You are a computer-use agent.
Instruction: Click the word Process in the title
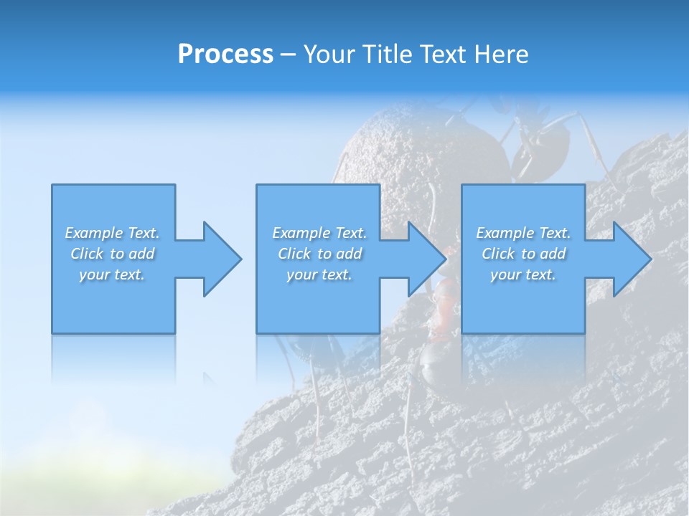pos(225,54)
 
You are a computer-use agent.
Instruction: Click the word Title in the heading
pos(388,54)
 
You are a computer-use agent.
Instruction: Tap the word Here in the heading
pos(501,54)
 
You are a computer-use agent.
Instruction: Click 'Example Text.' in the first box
pos(112,233)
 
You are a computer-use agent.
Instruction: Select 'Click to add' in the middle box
pos(319,254)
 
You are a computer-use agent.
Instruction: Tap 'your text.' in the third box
pos(523,274)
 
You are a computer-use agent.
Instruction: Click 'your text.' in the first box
pos(112,274)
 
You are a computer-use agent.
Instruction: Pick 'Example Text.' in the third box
pos(523,233)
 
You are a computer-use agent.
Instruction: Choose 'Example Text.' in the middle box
pos(319,233)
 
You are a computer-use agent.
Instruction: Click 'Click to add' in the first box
pos(112,254)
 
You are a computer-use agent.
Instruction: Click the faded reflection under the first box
pos(113,358)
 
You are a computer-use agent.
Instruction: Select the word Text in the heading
pos(443,54)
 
